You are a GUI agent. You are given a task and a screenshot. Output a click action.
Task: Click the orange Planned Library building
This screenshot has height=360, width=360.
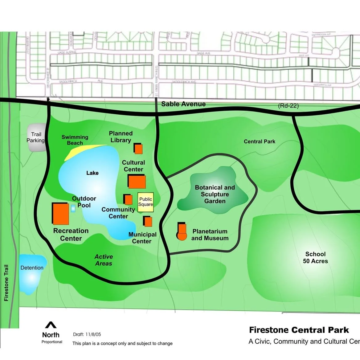point(138,149)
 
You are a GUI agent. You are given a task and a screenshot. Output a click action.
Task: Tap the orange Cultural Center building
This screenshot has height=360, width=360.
point(137,182)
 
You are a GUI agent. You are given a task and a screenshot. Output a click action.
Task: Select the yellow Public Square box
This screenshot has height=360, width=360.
point(145,202)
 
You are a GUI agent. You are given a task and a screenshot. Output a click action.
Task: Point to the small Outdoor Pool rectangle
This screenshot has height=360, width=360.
point(73,209)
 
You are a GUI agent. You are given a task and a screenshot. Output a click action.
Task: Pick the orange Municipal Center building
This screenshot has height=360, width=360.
point(148,222)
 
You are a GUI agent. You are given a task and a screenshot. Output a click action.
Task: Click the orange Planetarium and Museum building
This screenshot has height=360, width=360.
point(182,232)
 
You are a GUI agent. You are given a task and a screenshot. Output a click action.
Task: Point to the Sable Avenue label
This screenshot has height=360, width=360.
point(183,104)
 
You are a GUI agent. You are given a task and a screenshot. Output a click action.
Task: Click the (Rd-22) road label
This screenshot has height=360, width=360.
point(288,106)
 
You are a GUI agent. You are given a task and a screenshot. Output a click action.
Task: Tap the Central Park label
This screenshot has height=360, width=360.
point(260,141)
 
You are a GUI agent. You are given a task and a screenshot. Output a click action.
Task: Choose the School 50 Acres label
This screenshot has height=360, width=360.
point(315,258)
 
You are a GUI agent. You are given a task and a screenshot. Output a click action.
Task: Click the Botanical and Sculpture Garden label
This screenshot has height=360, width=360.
point(215,194)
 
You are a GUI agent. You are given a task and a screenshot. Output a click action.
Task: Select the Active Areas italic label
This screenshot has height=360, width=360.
point(104,260)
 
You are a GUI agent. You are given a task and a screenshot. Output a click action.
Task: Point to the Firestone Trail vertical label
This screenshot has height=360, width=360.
point(6,283)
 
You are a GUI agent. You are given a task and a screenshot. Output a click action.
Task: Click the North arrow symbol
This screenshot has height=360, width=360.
point(51,325)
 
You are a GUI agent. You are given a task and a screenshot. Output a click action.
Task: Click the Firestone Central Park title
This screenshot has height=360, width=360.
point(299,330)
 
